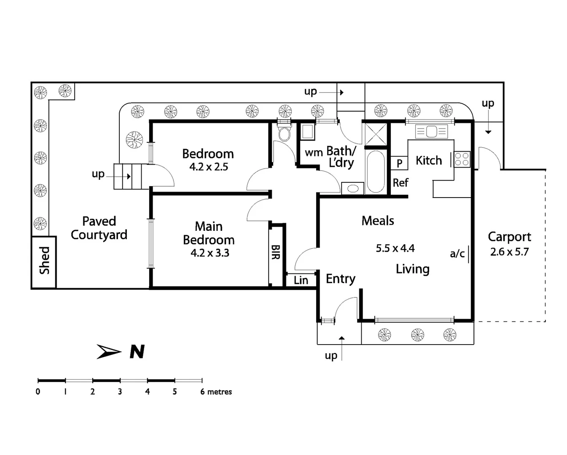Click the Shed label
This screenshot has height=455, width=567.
pyautogui.click(x=44, y=260)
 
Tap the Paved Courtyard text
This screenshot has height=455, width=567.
pyautogui.click(x=99, y=228)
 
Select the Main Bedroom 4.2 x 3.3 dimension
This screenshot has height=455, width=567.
pyautogui.click(x=210, y=253)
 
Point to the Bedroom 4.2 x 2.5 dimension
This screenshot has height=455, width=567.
pyautogui.click(x=209, y=167)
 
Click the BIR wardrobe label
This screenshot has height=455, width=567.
pyautogui.click(x=275, y=252)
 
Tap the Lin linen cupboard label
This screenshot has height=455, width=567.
pyautogui.click(x=301, y=280)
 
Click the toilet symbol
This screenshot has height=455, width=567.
pyautogui.click(x=285, y=134)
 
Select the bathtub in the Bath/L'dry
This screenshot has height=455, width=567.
pyautogui.click(x=376, y=171)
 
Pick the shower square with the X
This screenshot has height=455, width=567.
pyautogui.click(x=376, y=134)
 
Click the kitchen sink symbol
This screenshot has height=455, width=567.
pyautogui.click(x=431, y=131)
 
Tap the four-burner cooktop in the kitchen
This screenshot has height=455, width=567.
pyautogui.click(x=462, y=159)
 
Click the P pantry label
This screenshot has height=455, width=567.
pyautogui.click(x=399, y=163)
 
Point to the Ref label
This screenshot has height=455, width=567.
pyautogui.click(x=400, y=183)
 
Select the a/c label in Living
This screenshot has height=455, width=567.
pyautogui.click(x=457, y=254)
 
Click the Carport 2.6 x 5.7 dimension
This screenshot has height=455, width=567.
pyautogui.click(x=509, y=252)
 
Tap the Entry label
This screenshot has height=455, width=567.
pyautogui.click(x=340, y=279)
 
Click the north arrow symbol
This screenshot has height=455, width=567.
pyautogui.click(x=109, y=351)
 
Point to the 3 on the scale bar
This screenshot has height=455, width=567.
pyautogui.click(x=120, y=392)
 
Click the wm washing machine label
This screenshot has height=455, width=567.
pyautogui.click(x=314, y=153)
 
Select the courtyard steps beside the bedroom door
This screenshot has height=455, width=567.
pyautogui.click(x=128, y=176)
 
